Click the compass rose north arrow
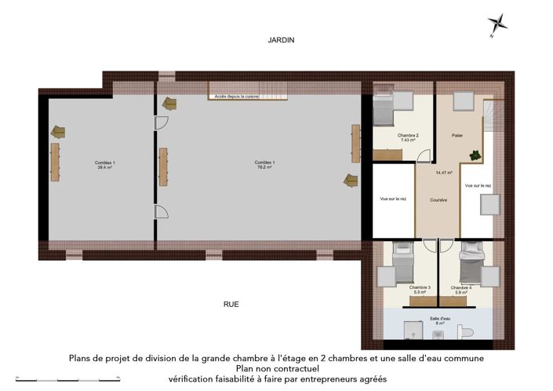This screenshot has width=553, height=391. (x=497, y=24)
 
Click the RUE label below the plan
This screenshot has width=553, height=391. (x=231, y=304)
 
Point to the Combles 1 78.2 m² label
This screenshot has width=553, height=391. (x=263, y=165)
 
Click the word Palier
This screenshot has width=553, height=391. (x=457, y=136)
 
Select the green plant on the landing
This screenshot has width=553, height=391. (x=473, y=155)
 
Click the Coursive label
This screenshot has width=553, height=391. (x=438, y=200)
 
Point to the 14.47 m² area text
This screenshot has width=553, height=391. (x=444, y=173)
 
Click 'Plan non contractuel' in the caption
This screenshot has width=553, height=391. (x=276, y=367)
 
